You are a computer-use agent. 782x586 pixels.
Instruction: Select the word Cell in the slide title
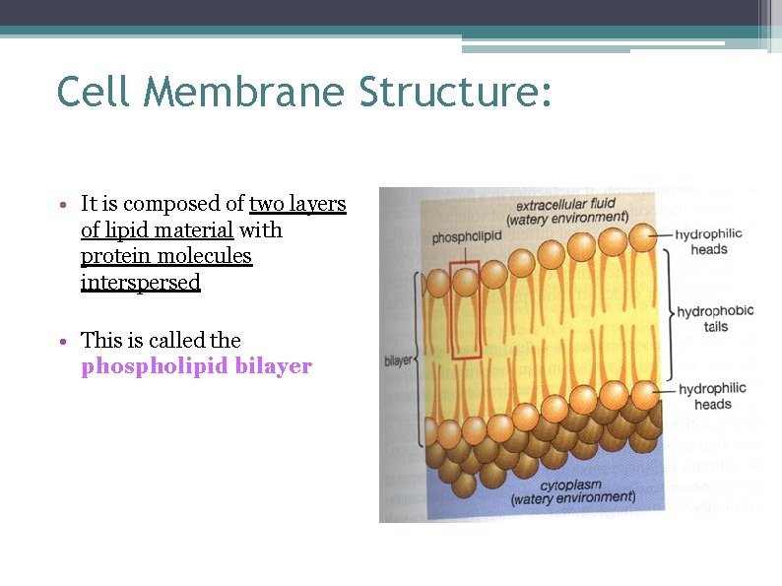(x=96, y=92)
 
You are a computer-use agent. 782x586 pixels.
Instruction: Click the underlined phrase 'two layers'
(x=297, y=204)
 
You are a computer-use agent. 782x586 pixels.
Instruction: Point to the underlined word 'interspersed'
(x=141, y=283)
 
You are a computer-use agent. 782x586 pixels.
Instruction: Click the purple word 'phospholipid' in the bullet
(x=155, y=366)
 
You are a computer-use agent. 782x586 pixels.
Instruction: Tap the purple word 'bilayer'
(x=274, y=366)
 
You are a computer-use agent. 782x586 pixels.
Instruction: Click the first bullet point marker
(x=62, y=206)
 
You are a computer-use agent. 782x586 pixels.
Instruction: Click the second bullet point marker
(x=62, y=342)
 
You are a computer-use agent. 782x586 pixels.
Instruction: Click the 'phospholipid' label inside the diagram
(x=467, y=237)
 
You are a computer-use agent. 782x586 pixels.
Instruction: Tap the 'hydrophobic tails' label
(x=715, y=318)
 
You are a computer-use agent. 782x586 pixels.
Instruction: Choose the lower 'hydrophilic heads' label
(x=712, y=396)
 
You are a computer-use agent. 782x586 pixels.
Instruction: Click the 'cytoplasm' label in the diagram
(x=571, y=486)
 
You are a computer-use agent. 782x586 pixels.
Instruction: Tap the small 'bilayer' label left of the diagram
(x=399, y=360)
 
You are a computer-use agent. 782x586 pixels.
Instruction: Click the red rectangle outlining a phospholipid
(x=465, y=309)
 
